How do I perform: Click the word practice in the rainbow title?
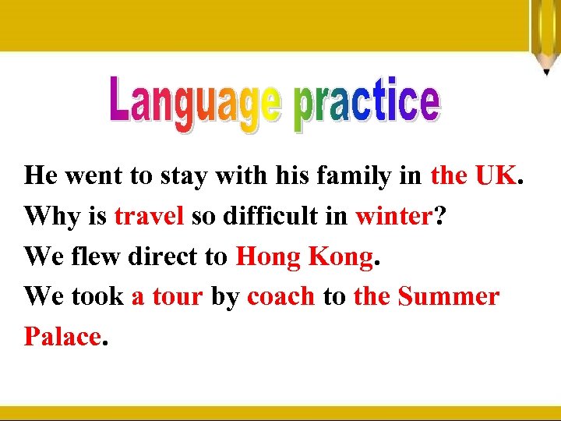pyautogui.click(x=367, y=103)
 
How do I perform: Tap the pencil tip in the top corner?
pyautogui.click(x=547, y=71)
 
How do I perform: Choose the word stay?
pyautogui.click(x=181, y=175)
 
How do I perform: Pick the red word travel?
pyautogui.click(x=149, y=216)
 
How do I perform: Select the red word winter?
pyautogui.click(x=393, y=216)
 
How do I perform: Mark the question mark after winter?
pyautogui.click(x=440, y=216)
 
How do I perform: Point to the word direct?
pyautogui.click(x=160, y=256)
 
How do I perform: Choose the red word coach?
pyautogui.click(x=281, y=296)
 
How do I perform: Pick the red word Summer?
pyautogui.click(x=449, y=296)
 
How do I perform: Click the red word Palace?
pyautogui.click(x=62, y=337)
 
